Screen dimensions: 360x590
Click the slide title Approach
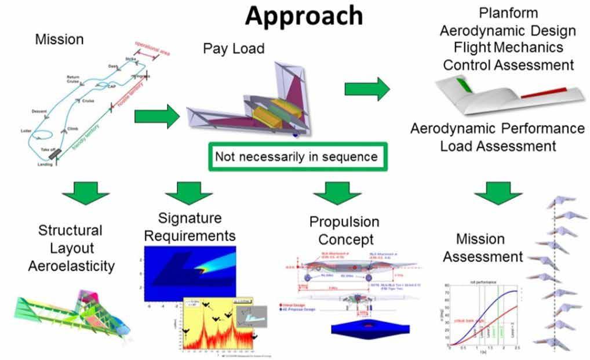click(304, 16)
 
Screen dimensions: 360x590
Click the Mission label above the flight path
click(59, 40)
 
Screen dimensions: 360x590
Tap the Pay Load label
click(234, 48)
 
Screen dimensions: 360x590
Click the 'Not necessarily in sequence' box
click(296, 157)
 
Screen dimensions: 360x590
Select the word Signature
click(190, 218)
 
